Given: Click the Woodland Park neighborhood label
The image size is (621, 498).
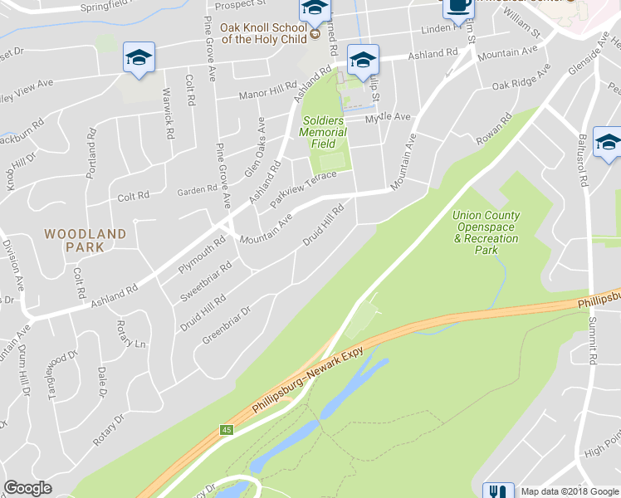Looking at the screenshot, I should pyautogui.click(x=86, y=240).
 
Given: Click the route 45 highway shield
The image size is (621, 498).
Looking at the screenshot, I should pyautogui.click(x=226, y=430).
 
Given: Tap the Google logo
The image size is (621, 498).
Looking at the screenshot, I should pyautogui.click(x=27, y=488).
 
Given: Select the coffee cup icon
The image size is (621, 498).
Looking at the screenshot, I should pyautogui.click(x=457, y=7).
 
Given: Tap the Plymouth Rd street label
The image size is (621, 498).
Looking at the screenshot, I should pyautogui.click(x=202, y=256).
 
